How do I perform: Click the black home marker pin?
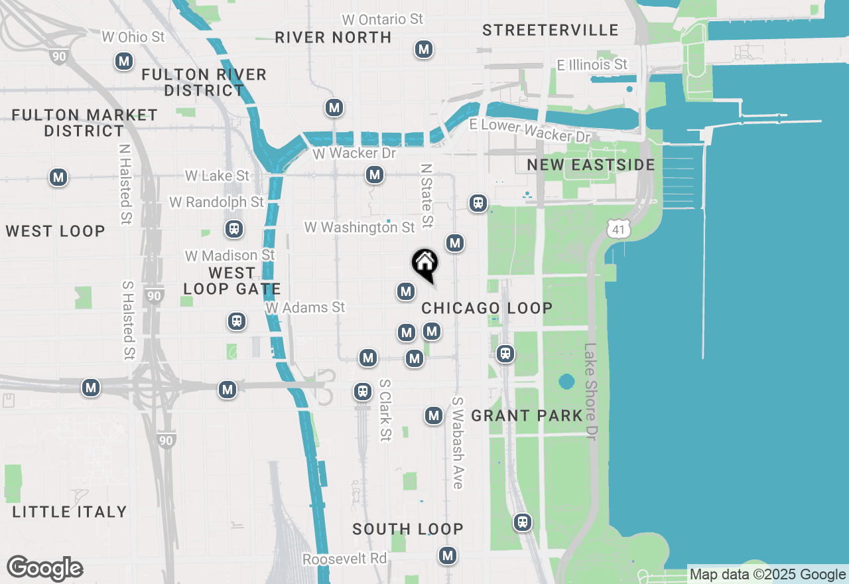(x=424, y=263)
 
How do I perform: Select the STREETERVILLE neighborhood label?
(x=551, y=30)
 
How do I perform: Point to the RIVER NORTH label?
(x=333, y=37)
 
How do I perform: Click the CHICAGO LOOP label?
(x=487, y=308)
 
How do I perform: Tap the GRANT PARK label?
(x=527, y=415)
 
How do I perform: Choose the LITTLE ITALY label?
(x=70, y=512)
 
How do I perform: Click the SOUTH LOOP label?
(x=408, y=529)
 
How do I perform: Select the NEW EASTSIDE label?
(x=590, y=165)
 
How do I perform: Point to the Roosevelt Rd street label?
(x=344, y=559)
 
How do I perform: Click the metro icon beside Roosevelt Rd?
(x=448, y=555)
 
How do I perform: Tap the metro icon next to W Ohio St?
(x=123, y=62)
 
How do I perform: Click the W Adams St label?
(x=305, y=307)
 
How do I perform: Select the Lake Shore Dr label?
(x=590, y=392)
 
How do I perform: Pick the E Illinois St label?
(x=592, y=64)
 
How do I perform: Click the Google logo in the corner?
(x=45, y=568)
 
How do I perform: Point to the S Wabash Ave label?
(x=457, y=443)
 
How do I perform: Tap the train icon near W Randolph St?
(x=233, y=229)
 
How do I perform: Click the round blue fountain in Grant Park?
(x=566, y=382)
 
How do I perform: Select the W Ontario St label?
(x=382, y=19)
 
